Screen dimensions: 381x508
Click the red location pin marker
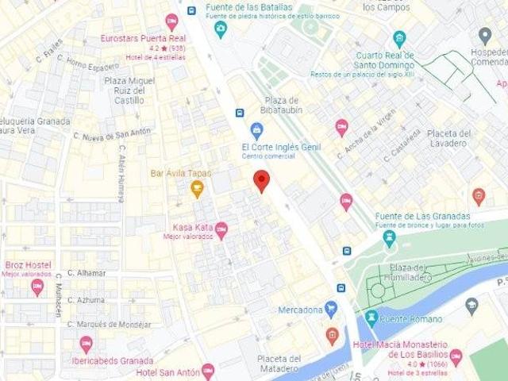(261, 180)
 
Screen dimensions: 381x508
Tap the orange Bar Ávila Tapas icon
(197, 189)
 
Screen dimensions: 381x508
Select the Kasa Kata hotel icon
(221, 230)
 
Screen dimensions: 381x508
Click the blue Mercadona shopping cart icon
(331, 309)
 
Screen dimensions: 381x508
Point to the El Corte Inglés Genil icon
(256, 130)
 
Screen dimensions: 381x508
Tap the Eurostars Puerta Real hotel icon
(171, 21)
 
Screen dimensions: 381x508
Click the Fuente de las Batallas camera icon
(221, 29)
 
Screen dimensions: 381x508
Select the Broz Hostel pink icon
(37, 287)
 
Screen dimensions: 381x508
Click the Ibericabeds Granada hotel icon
(86, 344)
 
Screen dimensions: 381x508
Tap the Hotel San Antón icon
(208, 371)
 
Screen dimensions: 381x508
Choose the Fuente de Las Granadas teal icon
(389, 237)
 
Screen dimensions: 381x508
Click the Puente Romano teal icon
(371, 319)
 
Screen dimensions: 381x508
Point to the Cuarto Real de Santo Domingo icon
(399, 39)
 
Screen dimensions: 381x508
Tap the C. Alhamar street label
(87, 273)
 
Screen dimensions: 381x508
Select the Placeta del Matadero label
(279, 364)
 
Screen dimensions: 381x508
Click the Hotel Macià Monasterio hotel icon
(456, 356)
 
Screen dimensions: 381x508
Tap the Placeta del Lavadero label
(448, 138)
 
